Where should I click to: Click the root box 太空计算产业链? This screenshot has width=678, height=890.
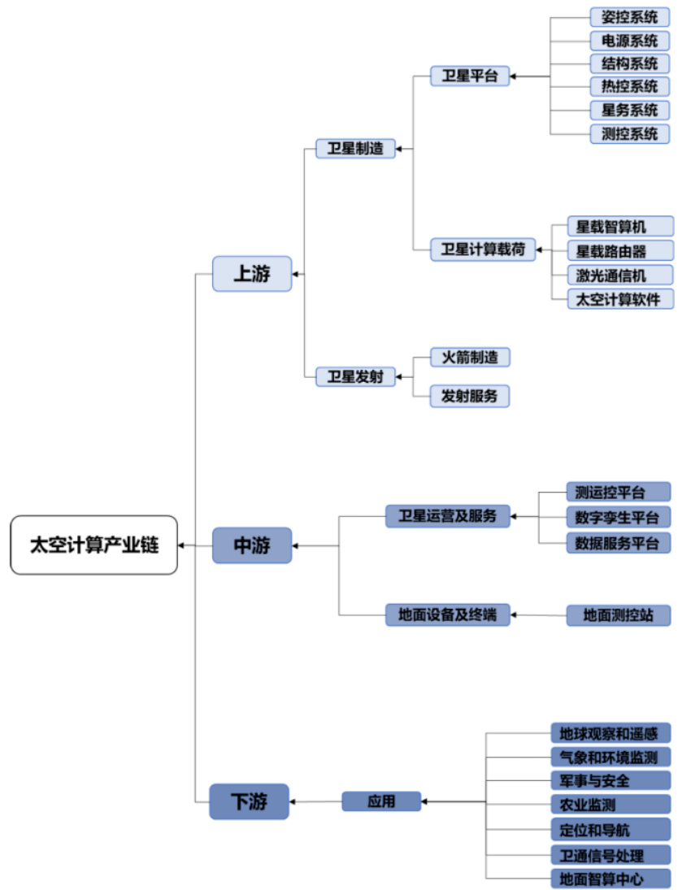(93, 545)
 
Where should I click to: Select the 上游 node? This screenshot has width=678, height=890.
(252, 274)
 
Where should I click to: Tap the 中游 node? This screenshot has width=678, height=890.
(252, 545)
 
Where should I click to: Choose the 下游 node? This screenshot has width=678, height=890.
(250, 801)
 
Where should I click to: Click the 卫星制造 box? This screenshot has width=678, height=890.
(355, 149)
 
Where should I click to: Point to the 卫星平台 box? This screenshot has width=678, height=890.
(469, 76)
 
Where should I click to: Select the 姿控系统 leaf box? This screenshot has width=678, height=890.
(630, 17)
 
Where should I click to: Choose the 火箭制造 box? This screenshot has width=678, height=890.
(470, 356)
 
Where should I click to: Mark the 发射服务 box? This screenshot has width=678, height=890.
(470, 396)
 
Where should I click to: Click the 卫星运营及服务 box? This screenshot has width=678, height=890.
(447, 516)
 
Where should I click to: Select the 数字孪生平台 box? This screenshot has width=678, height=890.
(618, 516)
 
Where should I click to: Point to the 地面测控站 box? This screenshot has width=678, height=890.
(618, 615)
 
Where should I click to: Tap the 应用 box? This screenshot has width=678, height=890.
(381, 801)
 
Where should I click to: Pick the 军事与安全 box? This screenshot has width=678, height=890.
(610, 781)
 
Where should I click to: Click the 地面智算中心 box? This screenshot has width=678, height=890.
(610, 878)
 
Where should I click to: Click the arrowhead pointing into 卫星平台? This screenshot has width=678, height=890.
(514, 77)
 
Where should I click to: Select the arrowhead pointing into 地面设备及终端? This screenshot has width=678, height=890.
(514, 615)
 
